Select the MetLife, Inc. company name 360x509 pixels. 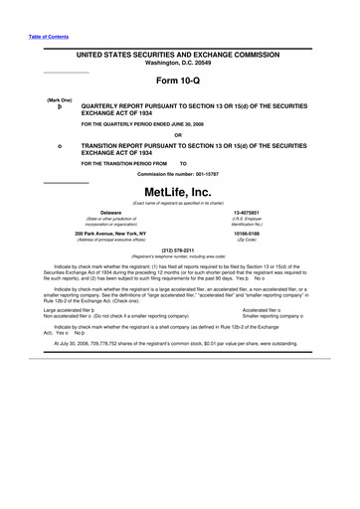179,190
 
